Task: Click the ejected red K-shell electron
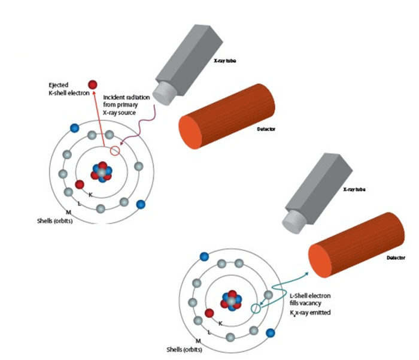point(93,84)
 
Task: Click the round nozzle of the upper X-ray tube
point(162,92)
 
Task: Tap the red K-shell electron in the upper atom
point(80,184)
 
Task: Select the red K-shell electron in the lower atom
point(209,313)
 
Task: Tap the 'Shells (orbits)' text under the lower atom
point(184,349)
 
